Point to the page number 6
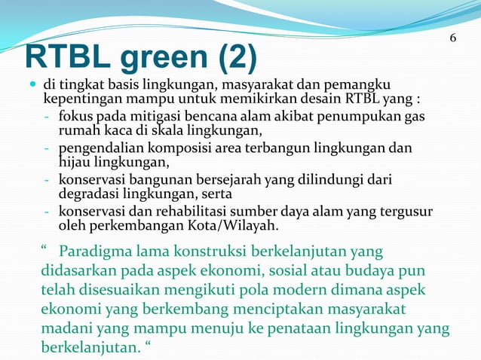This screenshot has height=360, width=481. pos(452,38)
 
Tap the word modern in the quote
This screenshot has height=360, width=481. pos(306,291)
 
